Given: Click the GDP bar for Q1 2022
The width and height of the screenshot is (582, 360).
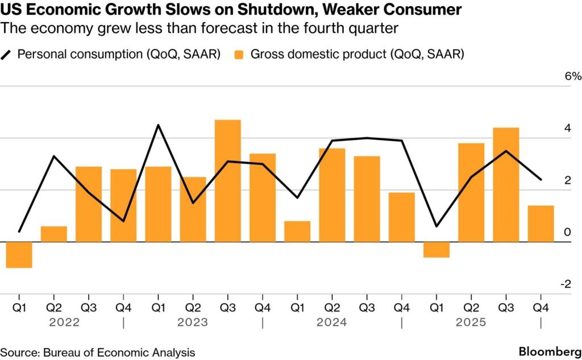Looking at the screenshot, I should tap(19, 254).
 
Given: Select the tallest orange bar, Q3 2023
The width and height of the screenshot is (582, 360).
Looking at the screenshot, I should tap(227, 180).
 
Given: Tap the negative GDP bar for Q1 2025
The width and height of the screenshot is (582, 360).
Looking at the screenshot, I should tap(436, 249).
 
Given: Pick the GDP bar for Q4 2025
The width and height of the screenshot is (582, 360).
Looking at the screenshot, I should tap(541, 224).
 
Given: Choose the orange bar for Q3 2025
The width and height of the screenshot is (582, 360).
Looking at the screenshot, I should tap(506, 184).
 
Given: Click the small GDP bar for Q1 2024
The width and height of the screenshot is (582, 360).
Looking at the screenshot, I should tap(297, 231).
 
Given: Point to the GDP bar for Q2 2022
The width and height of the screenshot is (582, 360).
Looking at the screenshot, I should tap(54, 234).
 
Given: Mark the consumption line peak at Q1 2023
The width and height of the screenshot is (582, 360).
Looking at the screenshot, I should tap(158, 125).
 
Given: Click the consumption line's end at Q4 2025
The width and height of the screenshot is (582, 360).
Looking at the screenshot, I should tap(541, 180).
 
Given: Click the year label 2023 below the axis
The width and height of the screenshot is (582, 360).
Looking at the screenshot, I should tap(193, 322).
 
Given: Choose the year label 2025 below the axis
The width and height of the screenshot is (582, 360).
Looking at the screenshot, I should tap(471, 322).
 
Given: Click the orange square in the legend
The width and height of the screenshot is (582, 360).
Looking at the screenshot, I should tap(239, 55).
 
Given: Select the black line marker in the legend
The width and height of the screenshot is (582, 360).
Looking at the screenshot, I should tap(7, 55).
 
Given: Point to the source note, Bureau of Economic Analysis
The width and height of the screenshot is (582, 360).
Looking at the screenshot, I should tap(97, 352).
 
